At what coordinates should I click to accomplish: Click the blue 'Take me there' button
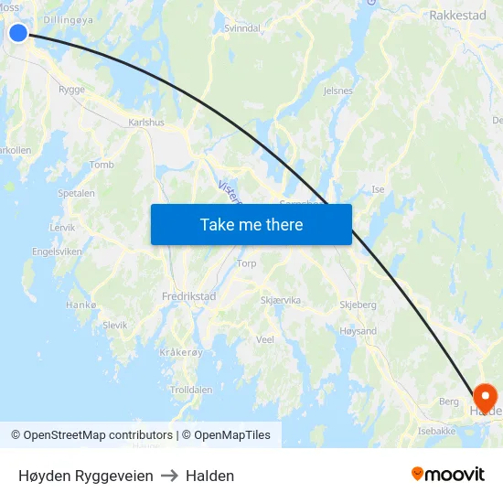click(251, 224)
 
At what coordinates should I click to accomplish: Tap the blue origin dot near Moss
click(18, 34)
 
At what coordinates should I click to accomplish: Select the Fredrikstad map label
click(188, 296)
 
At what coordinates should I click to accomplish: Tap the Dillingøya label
click(69, 18)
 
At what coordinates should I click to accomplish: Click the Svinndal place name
click(242, 28)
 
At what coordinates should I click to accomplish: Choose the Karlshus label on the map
click(146, 122)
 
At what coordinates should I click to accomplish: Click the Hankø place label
click(81, 305)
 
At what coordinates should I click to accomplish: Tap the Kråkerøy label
click(179, 352)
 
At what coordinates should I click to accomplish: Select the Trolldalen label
click(191, 390)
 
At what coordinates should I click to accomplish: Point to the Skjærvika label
click(280, 300)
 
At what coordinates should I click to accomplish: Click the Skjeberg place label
click(358, 305)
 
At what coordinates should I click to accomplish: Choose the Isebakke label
click(436, 431)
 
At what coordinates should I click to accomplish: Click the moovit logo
click(447, 475)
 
